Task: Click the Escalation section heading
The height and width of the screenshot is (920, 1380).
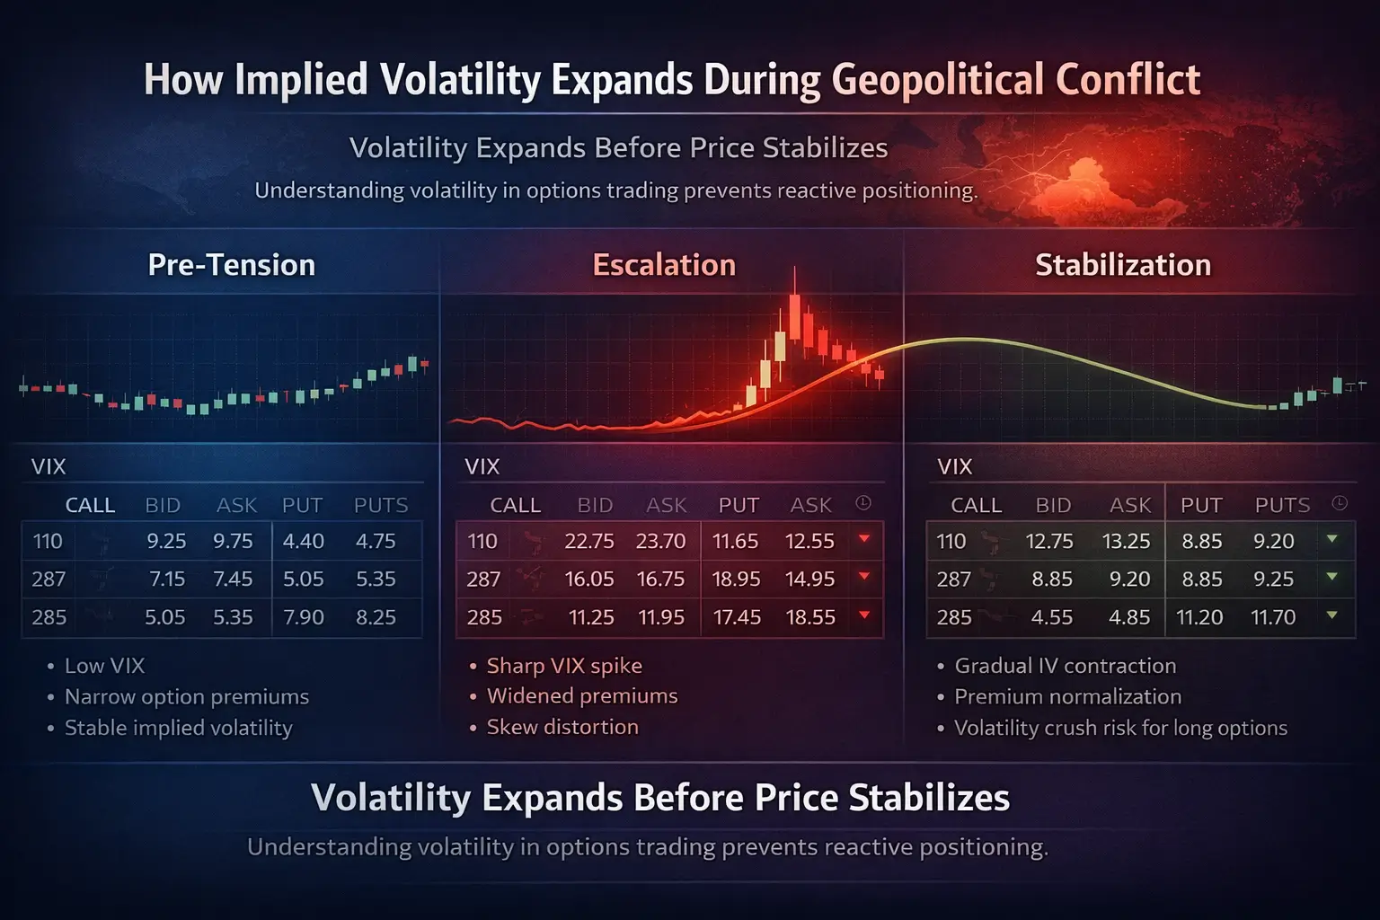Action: [664, 265]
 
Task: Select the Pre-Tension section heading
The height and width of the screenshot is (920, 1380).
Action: [231, 265]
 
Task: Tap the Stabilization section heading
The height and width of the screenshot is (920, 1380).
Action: [1123, 265]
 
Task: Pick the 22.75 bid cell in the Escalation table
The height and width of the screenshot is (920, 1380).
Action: [588, 542]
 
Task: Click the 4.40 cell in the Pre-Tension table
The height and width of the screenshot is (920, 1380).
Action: [303, 542]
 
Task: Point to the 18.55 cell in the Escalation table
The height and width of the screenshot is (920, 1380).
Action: [809, 617]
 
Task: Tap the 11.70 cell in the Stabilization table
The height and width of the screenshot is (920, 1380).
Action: [1272, 617]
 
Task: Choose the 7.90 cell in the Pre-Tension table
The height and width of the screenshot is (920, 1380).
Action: [303, 617]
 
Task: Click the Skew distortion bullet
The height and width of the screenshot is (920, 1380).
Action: [562, 727]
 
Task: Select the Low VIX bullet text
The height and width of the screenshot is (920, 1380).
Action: [104, 666]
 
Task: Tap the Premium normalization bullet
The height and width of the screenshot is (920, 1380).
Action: [1067, 696]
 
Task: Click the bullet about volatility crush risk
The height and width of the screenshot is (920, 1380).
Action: [1120, 728]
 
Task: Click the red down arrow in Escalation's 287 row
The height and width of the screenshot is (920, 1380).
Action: [864, 576]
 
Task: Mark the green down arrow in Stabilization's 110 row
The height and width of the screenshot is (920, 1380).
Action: [1332, 539]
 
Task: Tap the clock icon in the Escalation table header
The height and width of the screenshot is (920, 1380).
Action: [863, 503]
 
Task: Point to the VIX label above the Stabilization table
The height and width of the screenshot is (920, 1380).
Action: [954, 466]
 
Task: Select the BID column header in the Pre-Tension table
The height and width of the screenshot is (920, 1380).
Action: [163, 505]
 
